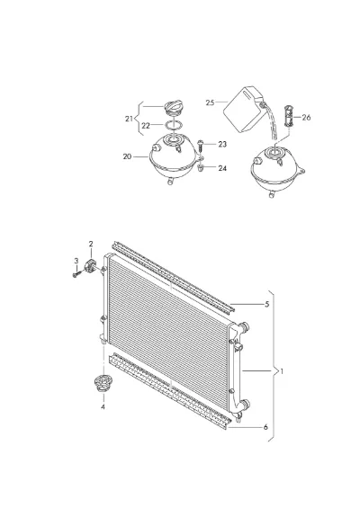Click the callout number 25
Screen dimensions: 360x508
pos(210,102)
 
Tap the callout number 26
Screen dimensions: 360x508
pos(306,117)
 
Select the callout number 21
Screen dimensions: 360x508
pos(129,119)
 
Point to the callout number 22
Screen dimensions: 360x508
pos(146,125)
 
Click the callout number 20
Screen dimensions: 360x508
pos(127,156)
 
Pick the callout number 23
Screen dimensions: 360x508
pos(222,144)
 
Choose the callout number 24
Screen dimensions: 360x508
pos(222,168)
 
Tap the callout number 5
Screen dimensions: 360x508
pos(267,304)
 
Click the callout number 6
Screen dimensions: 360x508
pos(265,427)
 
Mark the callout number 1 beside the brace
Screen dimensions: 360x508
pos(282,371)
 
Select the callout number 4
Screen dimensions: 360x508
pos(103,406)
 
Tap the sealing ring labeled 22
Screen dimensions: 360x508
pos(174,125)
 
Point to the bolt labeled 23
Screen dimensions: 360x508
pos(200,146)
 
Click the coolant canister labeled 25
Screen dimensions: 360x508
pos(243,109)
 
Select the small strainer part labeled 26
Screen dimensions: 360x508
pos(288,116)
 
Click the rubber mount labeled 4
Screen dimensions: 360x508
pos(103,383)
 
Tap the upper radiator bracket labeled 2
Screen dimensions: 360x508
pos(89,265)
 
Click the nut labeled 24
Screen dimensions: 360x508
pos(200,168)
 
